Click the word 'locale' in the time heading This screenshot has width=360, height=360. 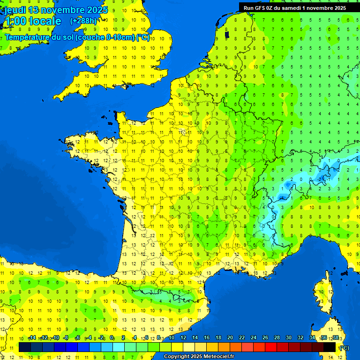click(45, 21)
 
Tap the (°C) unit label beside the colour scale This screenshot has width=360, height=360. click(344, 348)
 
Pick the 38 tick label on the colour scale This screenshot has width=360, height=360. click(335, 337)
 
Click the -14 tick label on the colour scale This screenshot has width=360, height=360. click(32, 337)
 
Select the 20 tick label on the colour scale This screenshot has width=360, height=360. click(230, 337)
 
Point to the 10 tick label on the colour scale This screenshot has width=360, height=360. click(171, 337)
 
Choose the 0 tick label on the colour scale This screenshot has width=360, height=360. click(112, 337)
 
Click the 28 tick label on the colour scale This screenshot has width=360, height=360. click(277, 337)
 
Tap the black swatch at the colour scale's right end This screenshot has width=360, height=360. click(330, 347)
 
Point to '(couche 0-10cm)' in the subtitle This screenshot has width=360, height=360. click(105, 37)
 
